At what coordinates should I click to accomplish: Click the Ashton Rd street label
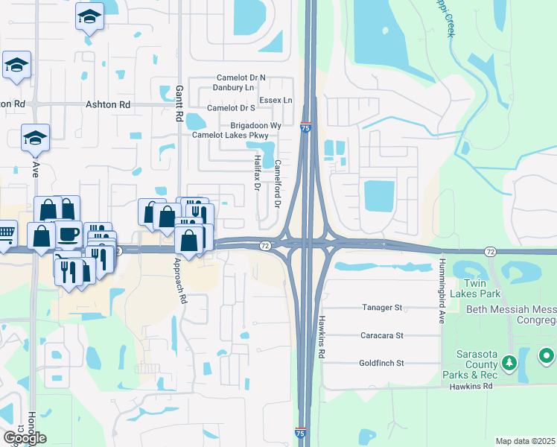[108, 105]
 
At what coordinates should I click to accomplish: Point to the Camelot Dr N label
[241, 77]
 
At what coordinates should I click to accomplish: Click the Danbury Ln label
[235, 88]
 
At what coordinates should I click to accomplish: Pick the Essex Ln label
[276, 100]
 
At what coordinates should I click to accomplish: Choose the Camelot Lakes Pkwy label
[235, 136]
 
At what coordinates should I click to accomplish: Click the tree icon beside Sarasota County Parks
[509, 362]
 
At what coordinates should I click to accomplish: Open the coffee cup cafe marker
[68, 234]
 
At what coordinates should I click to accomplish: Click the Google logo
[25, 438]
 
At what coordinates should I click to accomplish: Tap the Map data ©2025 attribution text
[526, 441]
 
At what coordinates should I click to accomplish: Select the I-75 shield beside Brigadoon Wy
[305, 128]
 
